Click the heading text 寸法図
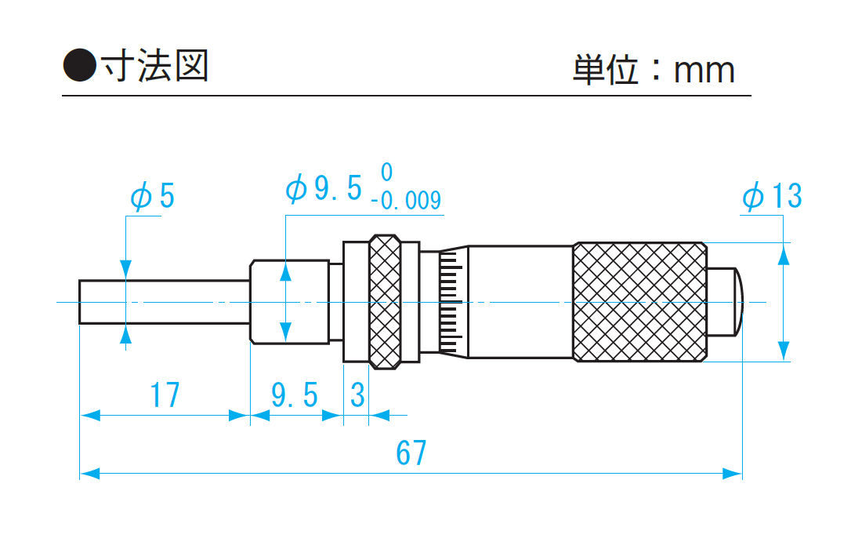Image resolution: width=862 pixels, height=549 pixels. coord(152,67)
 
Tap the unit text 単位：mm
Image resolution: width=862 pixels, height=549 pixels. coord(654,70)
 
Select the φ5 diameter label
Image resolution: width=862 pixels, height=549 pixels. coord(152,196)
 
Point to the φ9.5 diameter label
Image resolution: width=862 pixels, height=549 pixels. coord(324,189)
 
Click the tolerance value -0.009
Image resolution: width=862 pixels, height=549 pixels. coord(406,201)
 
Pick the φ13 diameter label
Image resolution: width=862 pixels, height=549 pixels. coord(772,196)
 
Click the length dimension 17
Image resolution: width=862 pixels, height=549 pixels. coord(165,395)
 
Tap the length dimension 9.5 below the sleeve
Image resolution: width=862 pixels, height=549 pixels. coord(295,395)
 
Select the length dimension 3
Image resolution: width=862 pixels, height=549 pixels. coord(357,395)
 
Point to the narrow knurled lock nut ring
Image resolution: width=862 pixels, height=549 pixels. coord(384,301)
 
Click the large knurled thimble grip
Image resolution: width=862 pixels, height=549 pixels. coord(639,302)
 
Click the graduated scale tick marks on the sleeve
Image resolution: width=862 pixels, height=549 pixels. coord(450,302)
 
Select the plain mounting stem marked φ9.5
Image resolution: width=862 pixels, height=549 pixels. coord(288,301)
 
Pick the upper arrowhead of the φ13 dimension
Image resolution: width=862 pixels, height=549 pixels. coord(784,253)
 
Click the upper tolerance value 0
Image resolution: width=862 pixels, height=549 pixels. coord(386,172)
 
